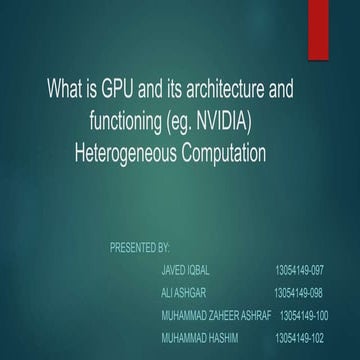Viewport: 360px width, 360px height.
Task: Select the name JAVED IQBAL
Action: (185, 270)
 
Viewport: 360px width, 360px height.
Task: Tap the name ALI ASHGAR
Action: (183, 293)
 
